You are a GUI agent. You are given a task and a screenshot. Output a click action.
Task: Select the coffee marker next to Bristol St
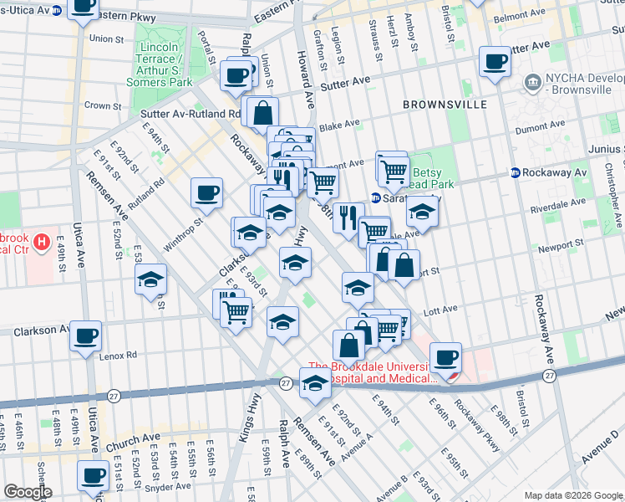click(x=495, y=63)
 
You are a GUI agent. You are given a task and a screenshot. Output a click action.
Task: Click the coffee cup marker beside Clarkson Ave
click(x=86, y=337)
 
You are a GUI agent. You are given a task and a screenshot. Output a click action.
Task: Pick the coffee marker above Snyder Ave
click(x=92, y=476)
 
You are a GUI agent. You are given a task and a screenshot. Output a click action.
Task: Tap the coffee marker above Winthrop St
click(x=206, y=193)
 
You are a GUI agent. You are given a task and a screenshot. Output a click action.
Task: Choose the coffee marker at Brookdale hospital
click(x=445, y=357)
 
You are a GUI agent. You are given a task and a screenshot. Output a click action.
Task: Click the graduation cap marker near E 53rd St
click(x=150, y=280)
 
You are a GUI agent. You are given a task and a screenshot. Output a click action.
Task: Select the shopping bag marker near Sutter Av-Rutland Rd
click(x=262, y=112)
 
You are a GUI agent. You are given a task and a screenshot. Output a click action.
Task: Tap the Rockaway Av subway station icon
click(x=516, y=172)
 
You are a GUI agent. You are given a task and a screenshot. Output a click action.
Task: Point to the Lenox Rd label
click(x=118, y=355)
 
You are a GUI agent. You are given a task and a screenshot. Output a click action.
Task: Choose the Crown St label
click(x=103, y=106)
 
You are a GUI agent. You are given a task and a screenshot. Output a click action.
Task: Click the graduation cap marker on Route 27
click(x=314, y=385)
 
